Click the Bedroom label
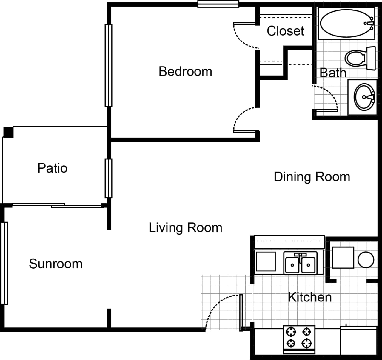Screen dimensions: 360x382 click(x=185, y=72)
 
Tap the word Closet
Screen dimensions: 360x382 click(x=285, y=31)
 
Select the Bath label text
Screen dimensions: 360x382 click(x=332, y=73)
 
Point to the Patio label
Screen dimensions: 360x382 click(x=52, y=168)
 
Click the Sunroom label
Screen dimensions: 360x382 click(x=56, y=264)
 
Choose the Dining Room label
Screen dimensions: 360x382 click(x=312, y=177)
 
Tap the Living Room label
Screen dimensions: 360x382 click(x=185, y=228)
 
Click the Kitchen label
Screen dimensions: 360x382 click(x=310, y=297)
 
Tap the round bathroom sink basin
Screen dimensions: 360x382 click(x=364, y=97)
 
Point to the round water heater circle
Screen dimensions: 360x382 click(x=366, y=259)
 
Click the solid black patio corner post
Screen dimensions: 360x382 click(x=8, y=132)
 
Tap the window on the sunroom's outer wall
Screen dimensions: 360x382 click(x=4, y=263)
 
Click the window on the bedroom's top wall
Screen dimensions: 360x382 click(x=218, y=4)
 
